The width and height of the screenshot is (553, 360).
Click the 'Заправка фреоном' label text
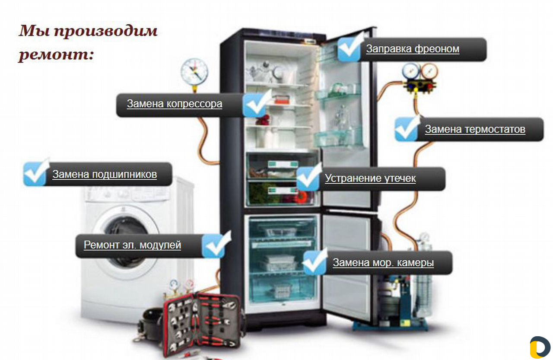point(413,49)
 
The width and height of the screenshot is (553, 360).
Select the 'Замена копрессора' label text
point(175,104)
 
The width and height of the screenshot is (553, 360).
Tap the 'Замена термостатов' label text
point(475,129)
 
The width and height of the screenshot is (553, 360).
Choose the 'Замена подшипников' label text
point(105,174)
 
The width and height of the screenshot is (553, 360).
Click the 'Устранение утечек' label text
point(370,178)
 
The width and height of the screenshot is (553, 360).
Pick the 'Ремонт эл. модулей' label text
point(132,245)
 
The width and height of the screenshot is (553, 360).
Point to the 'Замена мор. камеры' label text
point(383,262)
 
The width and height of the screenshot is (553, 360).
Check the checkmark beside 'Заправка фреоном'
point(350,48)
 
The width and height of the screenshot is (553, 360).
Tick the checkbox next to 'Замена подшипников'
point(35,173)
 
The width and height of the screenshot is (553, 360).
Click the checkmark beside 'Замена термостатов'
point(407,128)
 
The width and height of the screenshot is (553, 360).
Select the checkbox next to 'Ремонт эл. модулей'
point(216,245)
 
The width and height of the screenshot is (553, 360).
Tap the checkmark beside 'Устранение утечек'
point(308,178)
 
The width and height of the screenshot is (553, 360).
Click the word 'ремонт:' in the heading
point(57,55)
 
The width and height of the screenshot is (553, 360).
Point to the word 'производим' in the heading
point(106,32)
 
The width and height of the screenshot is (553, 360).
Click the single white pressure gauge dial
point(194,72)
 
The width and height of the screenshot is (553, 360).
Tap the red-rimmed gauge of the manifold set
point(429,72)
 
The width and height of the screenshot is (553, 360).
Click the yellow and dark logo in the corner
point(540,347)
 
